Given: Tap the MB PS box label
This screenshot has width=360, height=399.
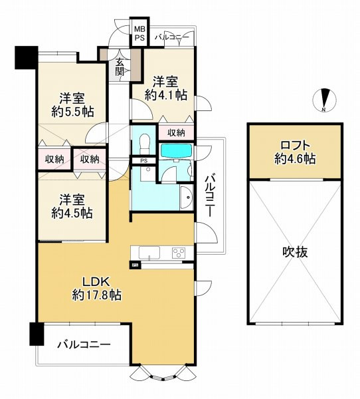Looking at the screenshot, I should click(139, 34).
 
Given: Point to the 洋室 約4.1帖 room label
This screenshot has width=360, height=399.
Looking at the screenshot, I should click(166, 88).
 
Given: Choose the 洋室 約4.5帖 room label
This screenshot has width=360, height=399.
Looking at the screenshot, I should click(72, 206).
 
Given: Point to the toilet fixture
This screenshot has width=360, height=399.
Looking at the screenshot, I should click(145, 142).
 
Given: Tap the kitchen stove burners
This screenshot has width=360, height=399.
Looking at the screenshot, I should click(179, 252).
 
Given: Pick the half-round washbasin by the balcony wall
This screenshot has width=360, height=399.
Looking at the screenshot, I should click(185, 198).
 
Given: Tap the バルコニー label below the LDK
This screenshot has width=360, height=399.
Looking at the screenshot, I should click(82, 344).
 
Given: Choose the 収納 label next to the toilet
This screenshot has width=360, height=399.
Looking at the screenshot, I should click(176, 132).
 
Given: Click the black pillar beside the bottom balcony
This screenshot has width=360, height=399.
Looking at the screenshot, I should click(35, 333).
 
